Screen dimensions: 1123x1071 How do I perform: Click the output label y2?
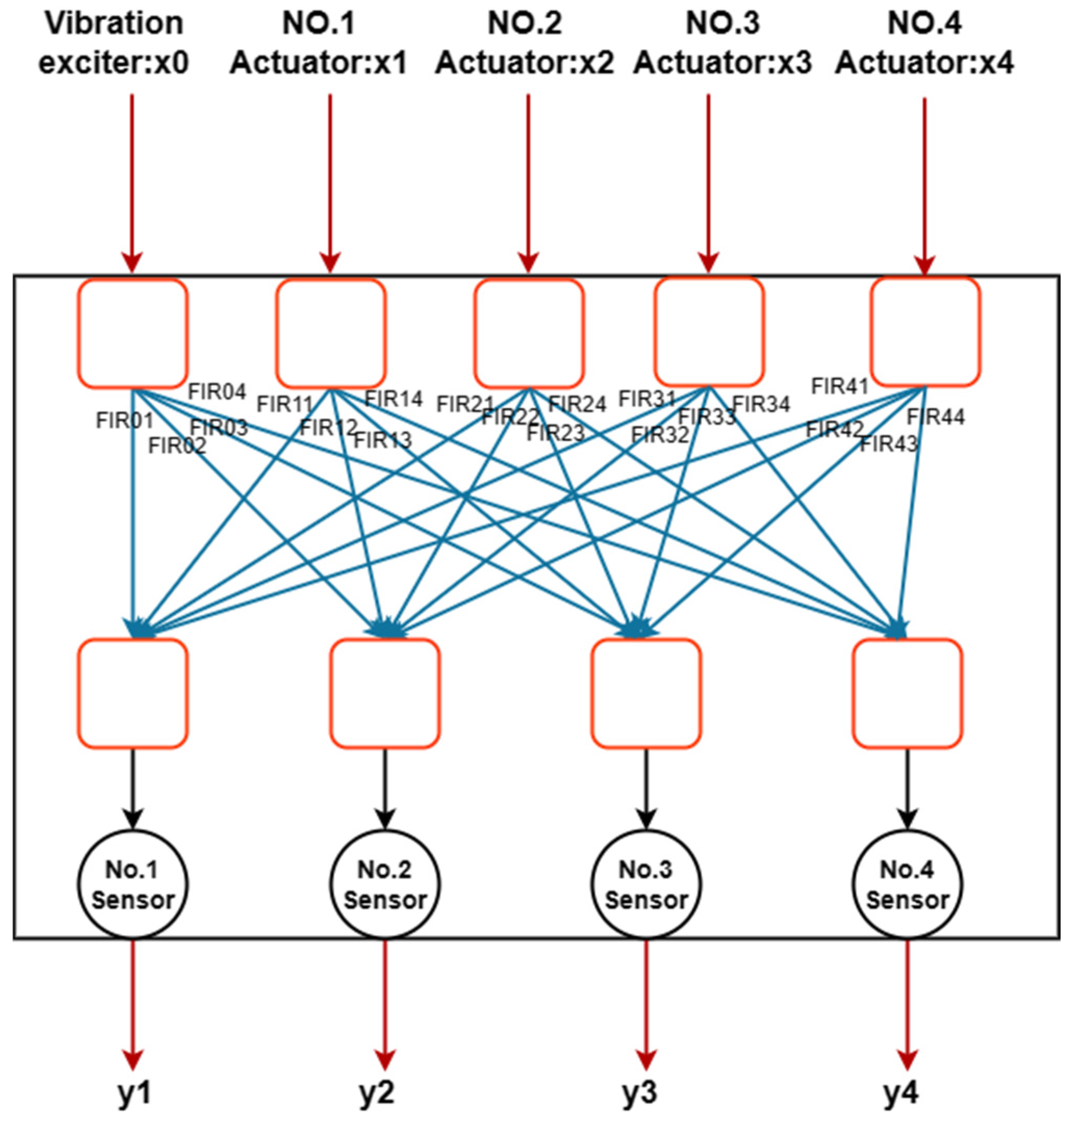377,1092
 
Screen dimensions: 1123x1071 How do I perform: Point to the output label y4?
901,1092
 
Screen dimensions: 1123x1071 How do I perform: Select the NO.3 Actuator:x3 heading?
722,43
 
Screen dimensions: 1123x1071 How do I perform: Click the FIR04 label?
217,391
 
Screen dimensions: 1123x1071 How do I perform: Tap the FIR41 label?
839,386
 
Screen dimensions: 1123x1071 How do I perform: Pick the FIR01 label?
124,421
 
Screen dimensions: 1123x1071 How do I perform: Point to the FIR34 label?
761,404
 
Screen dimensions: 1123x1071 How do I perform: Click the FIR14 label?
393,398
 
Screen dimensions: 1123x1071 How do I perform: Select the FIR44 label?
936,416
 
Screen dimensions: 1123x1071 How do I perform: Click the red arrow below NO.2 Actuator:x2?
528,182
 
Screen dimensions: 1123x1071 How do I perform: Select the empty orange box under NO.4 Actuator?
925,332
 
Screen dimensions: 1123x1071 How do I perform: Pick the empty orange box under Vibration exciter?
133,334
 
